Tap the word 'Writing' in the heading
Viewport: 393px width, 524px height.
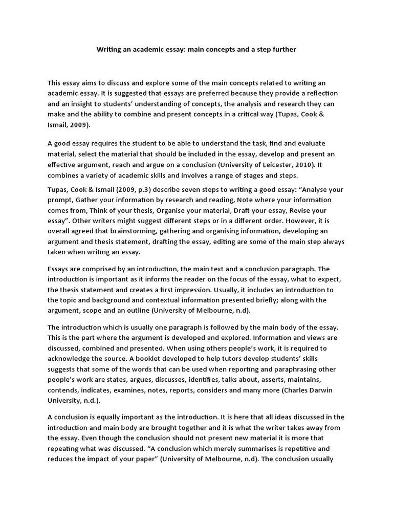click(110, 50)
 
